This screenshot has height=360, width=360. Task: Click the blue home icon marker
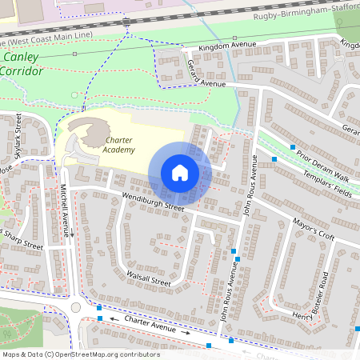click(x=180, y=173)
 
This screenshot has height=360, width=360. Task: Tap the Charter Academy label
click(x=120, y=145)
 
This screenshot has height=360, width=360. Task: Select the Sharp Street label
click(x=22, y=241)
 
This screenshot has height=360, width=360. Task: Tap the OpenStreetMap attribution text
click(x=80, y=354)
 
